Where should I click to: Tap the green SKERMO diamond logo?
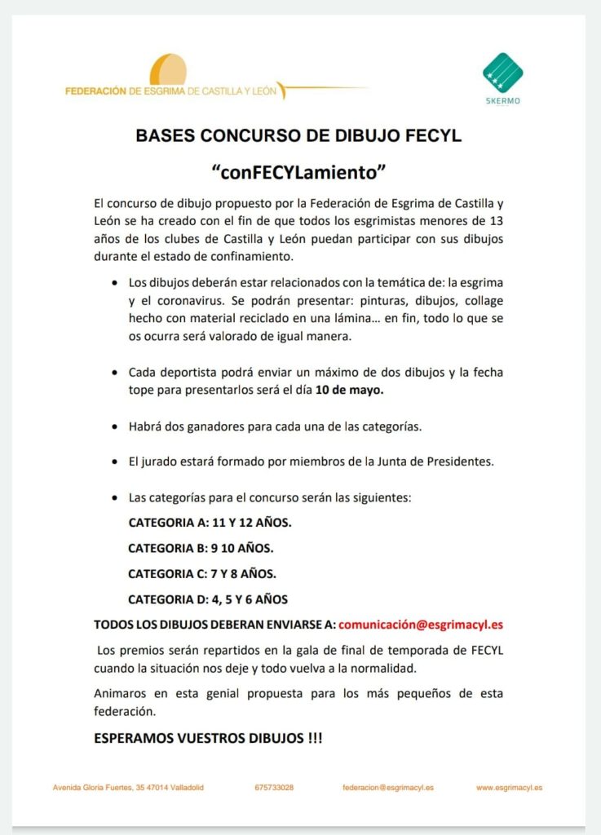coord(502,73)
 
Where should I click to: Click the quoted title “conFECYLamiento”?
coord(298,171)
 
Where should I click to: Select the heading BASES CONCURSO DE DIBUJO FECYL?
coord(298,136)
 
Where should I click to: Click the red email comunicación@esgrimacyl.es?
coord(420,625)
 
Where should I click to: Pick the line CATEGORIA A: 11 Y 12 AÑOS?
coord(210,523)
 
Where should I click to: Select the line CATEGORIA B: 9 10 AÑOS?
coord(201,548)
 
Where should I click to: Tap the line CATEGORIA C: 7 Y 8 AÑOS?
coord(201,573)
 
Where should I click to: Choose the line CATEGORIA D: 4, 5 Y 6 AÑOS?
coord(208,599)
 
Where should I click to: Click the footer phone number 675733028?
coord(274,788)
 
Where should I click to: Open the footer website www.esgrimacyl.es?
coord(509,788)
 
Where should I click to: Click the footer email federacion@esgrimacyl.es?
coord(387,788)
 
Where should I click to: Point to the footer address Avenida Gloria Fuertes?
coord(128,788)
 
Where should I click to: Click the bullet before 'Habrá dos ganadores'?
coord(114,426)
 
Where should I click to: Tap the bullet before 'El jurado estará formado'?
coord(114,462)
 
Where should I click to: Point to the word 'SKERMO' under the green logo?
coord(502,101)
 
